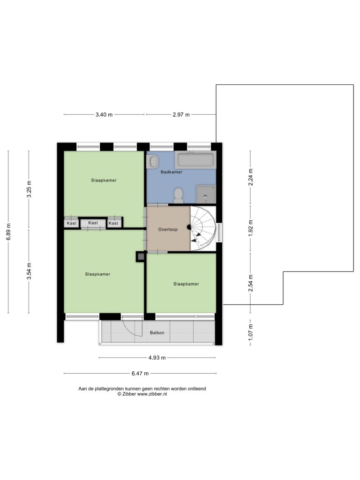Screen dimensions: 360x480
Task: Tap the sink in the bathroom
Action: coord(152,161)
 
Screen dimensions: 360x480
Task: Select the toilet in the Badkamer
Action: coord(178,195)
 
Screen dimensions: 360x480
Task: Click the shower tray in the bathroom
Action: coord(206,194)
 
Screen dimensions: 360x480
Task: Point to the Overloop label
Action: coord(168,229)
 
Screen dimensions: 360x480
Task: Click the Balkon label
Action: coord(157,333)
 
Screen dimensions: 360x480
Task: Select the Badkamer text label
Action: coord(172,172)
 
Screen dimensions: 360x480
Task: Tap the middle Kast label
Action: coord(93,223)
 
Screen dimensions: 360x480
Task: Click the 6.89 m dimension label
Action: coord(8,232)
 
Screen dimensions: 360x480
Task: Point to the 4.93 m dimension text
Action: coord(157,358)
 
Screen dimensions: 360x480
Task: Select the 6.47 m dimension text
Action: coord(140,374)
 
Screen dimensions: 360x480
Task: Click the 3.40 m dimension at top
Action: coord(104,115)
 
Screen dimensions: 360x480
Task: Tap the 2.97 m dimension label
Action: coord(181,115)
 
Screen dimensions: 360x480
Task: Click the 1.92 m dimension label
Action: coord(250,228)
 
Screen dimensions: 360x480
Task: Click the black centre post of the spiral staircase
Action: coord(189,227)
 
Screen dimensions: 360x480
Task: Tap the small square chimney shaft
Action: coord(141,256)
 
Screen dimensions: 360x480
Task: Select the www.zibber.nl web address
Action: coord(152,394)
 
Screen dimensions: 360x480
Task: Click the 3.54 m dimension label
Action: coord(29,271)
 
